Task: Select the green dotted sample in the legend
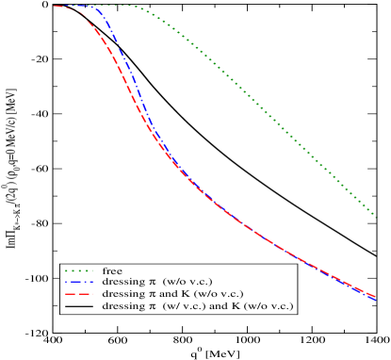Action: pos(79,270)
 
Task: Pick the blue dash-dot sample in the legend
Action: pos(79,281)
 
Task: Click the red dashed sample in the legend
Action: pos(79,293)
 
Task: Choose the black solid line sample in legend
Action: pos(79,305)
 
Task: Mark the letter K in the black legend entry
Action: pos(224,305)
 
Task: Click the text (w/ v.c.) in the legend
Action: pos(181,305)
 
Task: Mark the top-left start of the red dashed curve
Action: pos(58,7)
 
